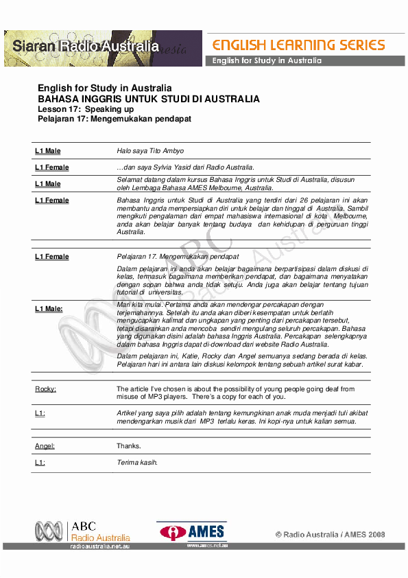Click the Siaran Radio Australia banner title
coord(82,47)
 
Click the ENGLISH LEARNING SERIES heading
coord(298,45)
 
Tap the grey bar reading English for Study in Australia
coord(267,61)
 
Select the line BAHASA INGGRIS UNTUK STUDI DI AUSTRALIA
coord(149,99)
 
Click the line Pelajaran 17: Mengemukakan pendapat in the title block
coord(114,118)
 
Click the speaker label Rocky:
coord(46,389)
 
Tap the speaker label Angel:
coord(45,446)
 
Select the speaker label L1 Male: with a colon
coord(49,309)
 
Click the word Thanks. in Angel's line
coord(129,446)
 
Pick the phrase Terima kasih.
coord(137,463)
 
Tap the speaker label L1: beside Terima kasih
coord(40,463)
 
